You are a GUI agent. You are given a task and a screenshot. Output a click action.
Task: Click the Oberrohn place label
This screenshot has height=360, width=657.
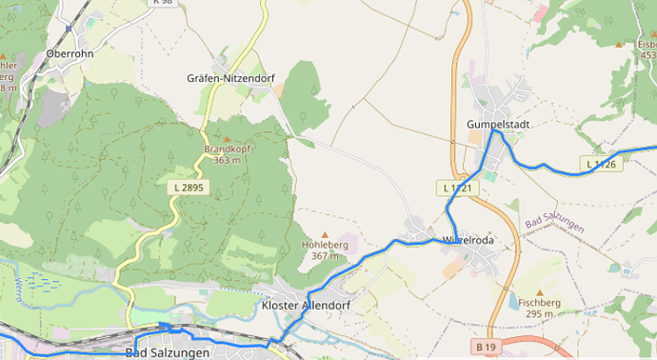click(70, 54)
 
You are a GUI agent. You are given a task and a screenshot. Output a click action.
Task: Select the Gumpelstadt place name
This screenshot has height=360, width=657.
click(498, 125)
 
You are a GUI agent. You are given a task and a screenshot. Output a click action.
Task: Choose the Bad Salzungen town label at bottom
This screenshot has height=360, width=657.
click(167, 352)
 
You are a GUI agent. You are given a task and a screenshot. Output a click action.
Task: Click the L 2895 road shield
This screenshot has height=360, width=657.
click(189, 188)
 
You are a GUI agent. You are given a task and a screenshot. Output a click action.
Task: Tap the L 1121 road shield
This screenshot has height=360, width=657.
click(458, 189)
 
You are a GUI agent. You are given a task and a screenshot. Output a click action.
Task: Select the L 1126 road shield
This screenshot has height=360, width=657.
click(601, 164)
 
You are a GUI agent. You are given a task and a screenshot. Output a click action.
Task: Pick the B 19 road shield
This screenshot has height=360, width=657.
click(487, 345)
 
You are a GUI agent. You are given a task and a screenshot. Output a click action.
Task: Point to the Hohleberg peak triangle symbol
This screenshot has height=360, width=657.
click(325, 234)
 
